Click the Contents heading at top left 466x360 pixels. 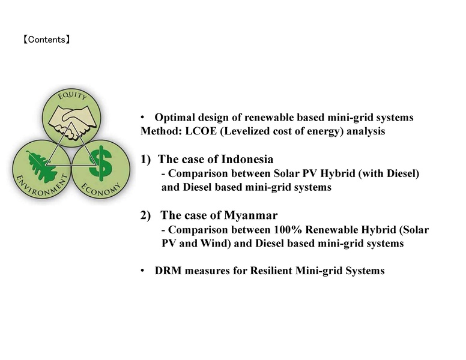click(x=47, y=40)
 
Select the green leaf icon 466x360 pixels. click(x=42, y=163)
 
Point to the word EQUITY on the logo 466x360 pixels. click(x=71, y=100)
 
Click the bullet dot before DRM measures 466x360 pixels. click(x=142, y=271)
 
